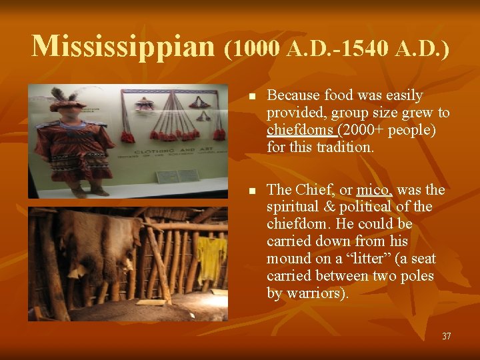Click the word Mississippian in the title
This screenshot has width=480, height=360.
click(x=123, y=45)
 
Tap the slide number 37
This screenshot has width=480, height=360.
click(x=446, y=337)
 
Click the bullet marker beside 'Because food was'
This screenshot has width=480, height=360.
click(x=250, y=97)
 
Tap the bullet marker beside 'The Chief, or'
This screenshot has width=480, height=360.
click(x=250, y=191)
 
